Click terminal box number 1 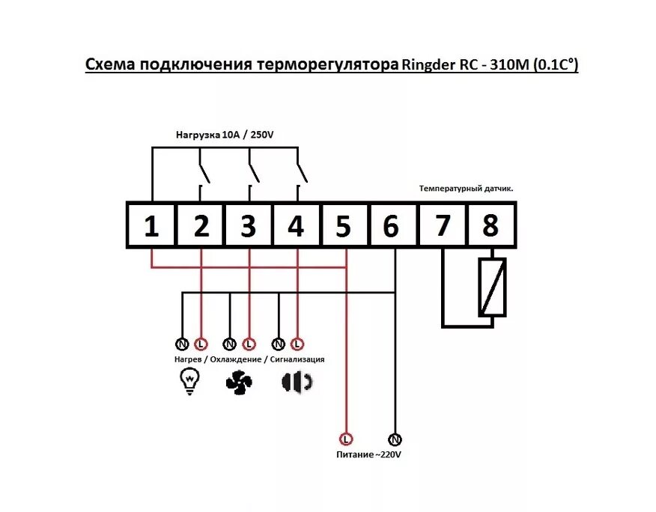click(152, 225)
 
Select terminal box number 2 click(201, 225)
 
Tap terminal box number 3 click(249, 225)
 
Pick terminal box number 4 click(297, 225)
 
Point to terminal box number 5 click(344, 225)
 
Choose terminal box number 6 click(392, 225)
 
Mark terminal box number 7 click(443, 225)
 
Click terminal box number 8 click(491, 225)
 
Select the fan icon click(239, 383)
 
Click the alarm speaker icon click(297, 382)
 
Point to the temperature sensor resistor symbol click(492, 287)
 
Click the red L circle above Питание click(346, 439)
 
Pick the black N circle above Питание click(395, 439)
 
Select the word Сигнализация click(297, 359)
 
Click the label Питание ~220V click(368, 454)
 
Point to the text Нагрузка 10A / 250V click(225, 135)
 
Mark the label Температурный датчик click(466, 189)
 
